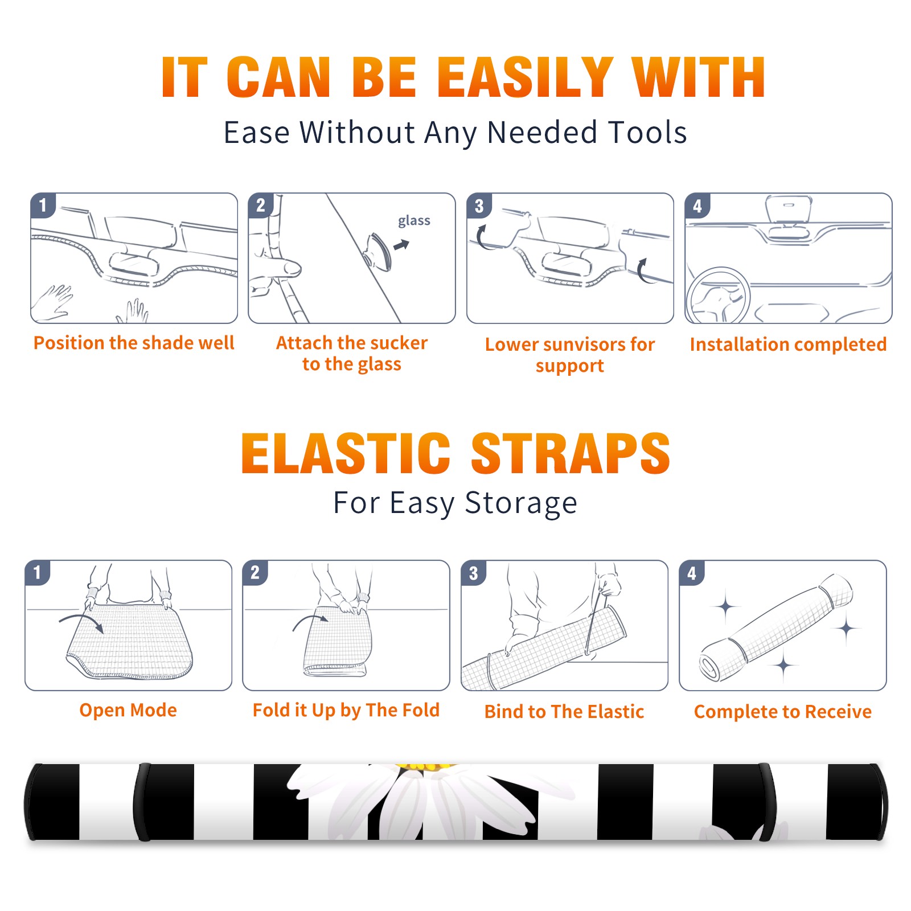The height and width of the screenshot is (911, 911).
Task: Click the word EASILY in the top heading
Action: pos(525,77)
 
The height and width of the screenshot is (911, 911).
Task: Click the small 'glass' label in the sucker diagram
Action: pos(414,221)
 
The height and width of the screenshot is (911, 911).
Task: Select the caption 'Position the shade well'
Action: pos(134,343)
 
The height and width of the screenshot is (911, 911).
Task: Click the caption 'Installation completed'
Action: pos(788,344)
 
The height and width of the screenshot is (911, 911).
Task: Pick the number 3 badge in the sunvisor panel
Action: pos(479,206)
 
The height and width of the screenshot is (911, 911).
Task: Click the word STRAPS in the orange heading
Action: pos(571,453)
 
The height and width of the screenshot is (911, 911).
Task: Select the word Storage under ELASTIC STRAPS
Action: pos(521,503)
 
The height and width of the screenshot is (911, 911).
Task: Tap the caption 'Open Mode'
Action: pos(128,710)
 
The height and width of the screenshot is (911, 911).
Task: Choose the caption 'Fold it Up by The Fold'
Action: pos(346,710)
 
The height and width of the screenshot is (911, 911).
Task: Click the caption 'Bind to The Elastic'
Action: pos(564,712)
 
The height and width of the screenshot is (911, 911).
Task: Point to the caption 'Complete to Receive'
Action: pos(783,712)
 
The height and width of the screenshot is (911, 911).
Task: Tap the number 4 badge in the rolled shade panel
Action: pos(692,573)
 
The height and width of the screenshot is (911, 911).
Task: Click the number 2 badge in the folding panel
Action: pos(255,573)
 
